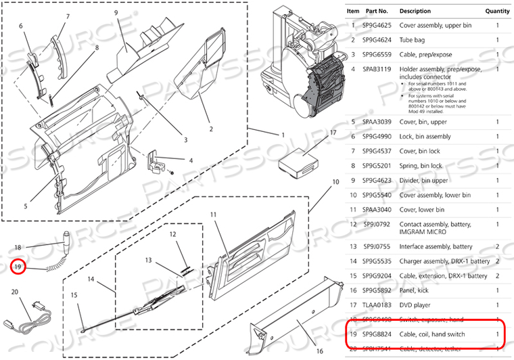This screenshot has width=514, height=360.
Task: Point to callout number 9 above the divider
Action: [x=116, y=13]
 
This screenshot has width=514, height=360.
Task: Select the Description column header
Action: [x=415, y=11]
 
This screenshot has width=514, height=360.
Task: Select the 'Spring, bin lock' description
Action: [x=421, y=166]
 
